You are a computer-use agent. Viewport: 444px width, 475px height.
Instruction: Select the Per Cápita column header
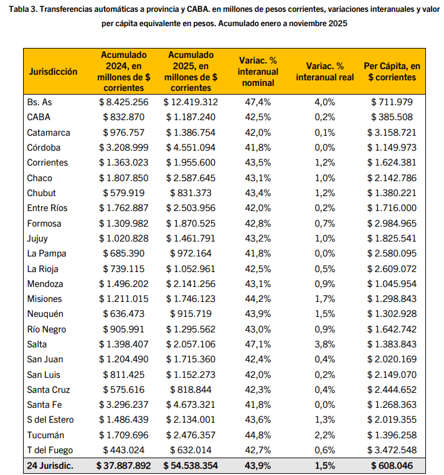point(392,72)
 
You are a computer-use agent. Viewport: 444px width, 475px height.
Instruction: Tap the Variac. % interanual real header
point(324,72)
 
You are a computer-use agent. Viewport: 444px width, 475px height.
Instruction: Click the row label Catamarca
point(49,133)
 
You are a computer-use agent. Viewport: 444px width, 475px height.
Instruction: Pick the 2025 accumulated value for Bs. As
point(191,102)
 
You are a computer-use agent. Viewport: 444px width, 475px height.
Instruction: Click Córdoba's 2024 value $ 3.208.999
point(123,148)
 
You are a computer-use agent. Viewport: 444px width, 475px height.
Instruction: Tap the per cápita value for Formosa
point(392,223)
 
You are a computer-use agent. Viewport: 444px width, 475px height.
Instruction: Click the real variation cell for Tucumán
point(324,435)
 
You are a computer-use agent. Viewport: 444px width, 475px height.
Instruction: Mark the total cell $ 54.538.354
point(191,466)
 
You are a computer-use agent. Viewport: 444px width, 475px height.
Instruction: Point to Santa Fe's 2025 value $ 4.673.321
point(191,405)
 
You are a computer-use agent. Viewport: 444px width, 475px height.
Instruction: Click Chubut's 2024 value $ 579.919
point(123,193)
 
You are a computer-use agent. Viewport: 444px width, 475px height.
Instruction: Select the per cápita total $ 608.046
point(392,466)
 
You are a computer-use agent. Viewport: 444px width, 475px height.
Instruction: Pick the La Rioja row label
point(45,269)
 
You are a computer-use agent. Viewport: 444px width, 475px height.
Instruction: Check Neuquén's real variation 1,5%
point(324,314)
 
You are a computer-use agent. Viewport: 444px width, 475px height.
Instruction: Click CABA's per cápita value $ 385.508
point(392,117)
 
